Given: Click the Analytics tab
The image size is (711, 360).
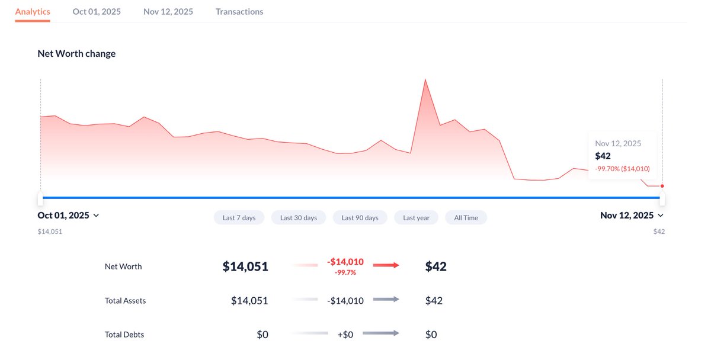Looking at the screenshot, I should click(33, 12).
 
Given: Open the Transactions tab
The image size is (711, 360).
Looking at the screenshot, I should click(239, 12).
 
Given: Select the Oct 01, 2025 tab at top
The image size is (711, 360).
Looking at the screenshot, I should click(97, 12).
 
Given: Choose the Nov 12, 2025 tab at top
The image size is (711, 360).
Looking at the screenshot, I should click(168, 12).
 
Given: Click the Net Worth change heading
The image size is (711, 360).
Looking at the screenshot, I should click(76, 54).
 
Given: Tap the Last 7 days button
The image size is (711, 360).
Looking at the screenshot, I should click(239, 218).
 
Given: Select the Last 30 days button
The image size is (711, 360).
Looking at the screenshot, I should click(299, 218).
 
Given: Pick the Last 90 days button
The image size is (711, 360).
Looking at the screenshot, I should click(360, 218).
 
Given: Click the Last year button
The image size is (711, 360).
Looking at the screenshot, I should click(416, 218).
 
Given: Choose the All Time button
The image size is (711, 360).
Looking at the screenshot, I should click(466, 218).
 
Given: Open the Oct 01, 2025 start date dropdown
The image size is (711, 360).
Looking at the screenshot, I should click(68, 216).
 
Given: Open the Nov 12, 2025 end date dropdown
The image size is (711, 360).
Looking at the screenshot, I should click(632, 216).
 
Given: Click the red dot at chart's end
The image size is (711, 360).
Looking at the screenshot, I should click(662, 186).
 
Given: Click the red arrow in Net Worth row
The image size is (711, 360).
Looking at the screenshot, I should click(386, 265).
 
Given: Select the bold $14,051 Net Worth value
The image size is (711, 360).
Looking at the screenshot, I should click(245, 267).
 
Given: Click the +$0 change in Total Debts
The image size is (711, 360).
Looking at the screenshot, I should click(345, 335).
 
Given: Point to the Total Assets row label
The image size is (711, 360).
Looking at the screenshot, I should click(125, 301).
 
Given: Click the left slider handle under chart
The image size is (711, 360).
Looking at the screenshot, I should click(40, 198).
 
